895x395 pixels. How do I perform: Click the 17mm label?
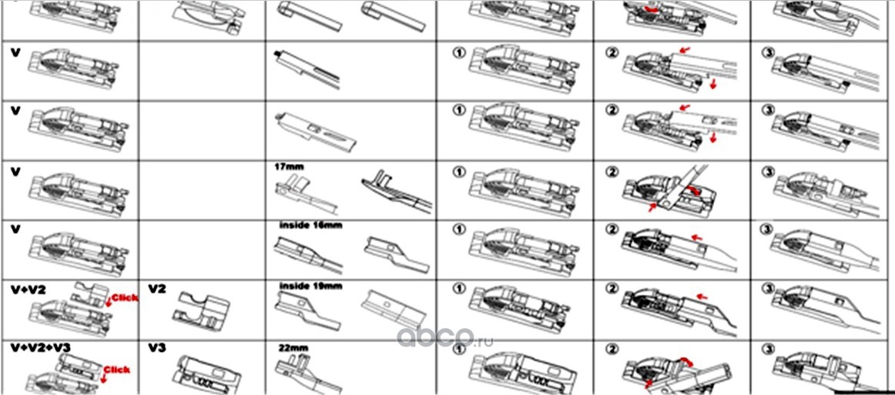[287, 165]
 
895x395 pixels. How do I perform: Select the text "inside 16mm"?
[310, 226]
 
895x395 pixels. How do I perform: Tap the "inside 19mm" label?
[310, 286]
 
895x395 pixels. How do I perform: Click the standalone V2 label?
[157, 288]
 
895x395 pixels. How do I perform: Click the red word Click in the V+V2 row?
[123, 296]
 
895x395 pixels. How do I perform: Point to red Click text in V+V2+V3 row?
[117, 370]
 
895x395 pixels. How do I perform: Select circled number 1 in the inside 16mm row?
[458, 229]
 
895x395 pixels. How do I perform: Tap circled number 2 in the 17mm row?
[613, 170]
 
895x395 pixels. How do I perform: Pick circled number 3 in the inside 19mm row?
[766, 289]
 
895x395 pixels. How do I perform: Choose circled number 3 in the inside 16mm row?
[766, 229]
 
